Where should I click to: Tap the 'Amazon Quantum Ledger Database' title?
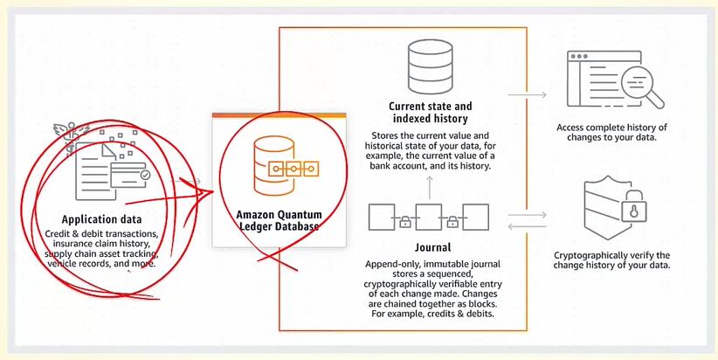coord(278,219)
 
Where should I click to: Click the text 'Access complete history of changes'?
coord(611,133)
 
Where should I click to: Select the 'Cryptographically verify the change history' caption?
coord(611,260)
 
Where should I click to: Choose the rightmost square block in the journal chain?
coord(474,215)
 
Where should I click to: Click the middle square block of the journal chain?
coord(428,215)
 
